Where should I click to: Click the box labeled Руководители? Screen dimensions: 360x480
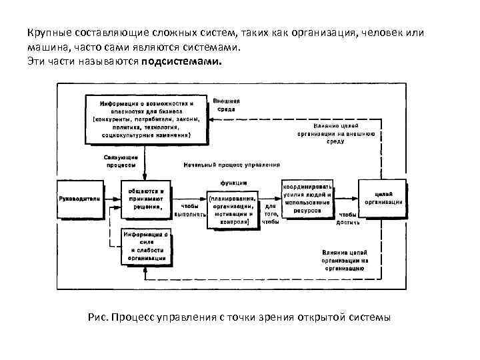click(x=79, y=198)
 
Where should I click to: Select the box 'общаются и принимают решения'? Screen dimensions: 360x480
click(x=145, y=198)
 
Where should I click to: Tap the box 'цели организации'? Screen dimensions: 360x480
click(x=383, y=198)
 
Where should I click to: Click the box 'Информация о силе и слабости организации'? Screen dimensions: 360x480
click(x=145, y=247)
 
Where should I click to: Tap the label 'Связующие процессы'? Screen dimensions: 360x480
click(x=121, y=161)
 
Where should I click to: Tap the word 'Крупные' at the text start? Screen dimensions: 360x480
click(x=49, y=33)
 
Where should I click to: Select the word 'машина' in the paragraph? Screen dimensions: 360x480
click(x=49, y=47)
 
